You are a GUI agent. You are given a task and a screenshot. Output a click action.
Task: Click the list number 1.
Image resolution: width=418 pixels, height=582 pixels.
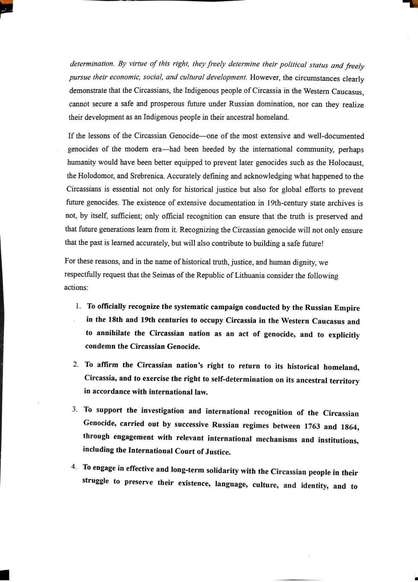[78, 306]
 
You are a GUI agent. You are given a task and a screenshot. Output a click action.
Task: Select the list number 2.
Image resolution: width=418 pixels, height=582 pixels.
[76, 364]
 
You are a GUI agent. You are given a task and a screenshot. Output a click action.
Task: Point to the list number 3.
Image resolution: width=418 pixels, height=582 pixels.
[75, 409]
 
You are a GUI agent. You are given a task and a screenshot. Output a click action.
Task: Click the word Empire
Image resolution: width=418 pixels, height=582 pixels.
[346, 308]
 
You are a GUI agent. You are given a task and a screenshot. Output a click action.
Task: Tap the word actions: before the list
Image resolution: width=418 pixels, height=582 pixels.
[76, 287]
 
